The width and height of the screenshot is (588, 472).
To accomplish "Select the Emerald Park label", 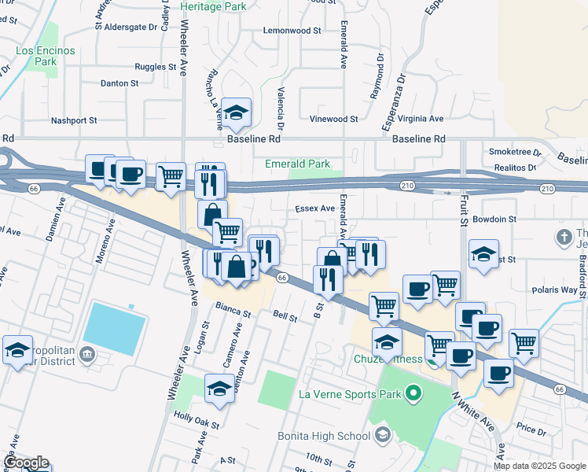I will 297,164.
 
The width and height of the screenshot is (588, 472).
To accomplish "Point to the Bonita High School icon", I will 382,435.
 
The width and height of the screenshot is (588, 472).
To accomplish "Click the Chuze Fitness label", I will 382,360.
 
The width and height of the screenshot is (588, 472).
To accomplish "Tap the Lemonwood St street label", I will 292,31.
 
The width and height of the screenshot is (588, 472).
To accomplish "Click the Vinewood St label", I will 333,120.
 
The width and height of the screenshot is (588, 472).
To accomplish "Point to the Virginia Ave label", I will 421,119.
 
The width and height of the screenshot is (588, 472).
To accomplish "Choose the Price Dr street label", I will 531,430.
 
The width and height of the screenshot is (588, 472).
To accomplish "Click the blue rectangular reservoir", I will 115,328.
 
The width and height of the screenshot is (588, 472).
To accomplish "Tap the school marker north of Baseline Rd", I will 235,112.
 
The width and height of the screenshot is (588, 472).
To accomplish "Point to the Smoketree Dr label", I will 515,152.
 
